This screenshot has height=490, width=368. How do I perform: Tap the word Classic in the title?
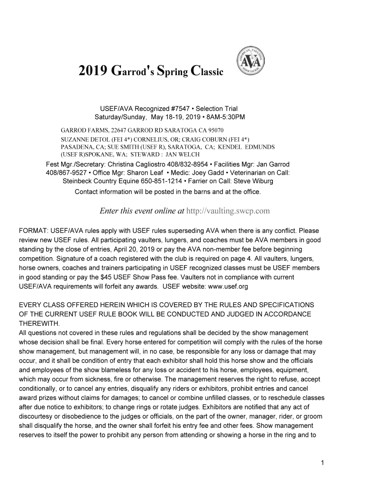[x=206, y=72]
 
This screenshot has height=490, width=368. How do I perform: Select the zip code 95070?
[x=216, y=130]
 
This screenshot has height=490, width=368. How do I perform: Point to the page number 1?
[x=323, y=462]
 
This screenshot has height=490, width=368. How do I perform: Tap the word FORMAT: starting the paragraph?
[x=32, y=231]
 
